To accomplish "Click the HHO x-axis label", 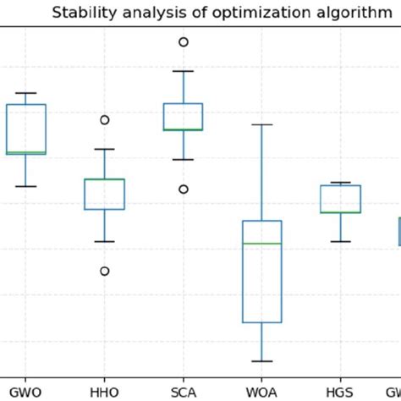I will point(105,392).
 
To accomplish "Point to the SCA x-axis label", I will point(183,392).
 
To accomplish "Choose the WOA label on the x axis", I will point(262,392).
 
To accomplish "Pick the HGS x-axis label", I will point(340,392).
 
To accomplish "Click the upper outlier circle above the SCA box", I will point(183,41).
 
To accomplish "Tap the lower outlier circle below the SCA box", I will point(183,189).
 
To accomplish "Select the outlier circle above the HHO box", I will point(105,120).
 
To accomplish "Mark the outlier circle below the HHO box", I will point(105,271).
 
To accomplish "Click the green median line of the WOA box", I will point(262,243).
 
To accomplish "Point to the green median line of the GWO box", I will point(25,152).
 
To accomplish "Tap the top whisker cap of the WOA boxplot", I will point(262,124).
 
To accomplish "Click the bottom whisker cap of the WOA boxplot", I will point(262,361).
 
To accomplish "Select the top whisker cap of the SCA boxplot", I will point(183,71).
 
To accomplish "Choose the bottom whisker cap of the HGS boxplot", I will point(340,241).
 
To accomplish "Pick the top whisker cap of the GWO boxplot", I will point(25,93).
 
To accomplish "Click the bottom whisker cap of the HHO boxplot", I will point(105,241).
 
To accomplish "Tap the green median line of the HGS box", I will point(340,212).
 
